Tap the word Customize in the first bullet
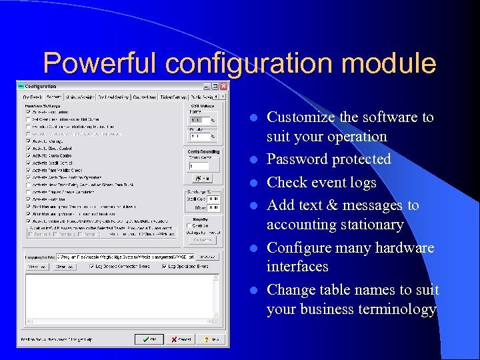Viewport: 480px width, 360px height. (301, 117)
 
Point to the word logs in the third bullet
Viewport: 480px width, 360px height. (361, 183)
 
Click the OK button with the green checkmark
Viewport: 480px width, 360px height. (148, 339)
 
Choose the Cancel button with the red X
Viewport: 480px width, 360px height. (178, 339)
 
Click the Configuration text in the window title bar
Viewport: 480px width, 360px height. (41, 86)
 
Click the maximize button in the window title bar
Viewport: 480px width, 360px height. (215, 86)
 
